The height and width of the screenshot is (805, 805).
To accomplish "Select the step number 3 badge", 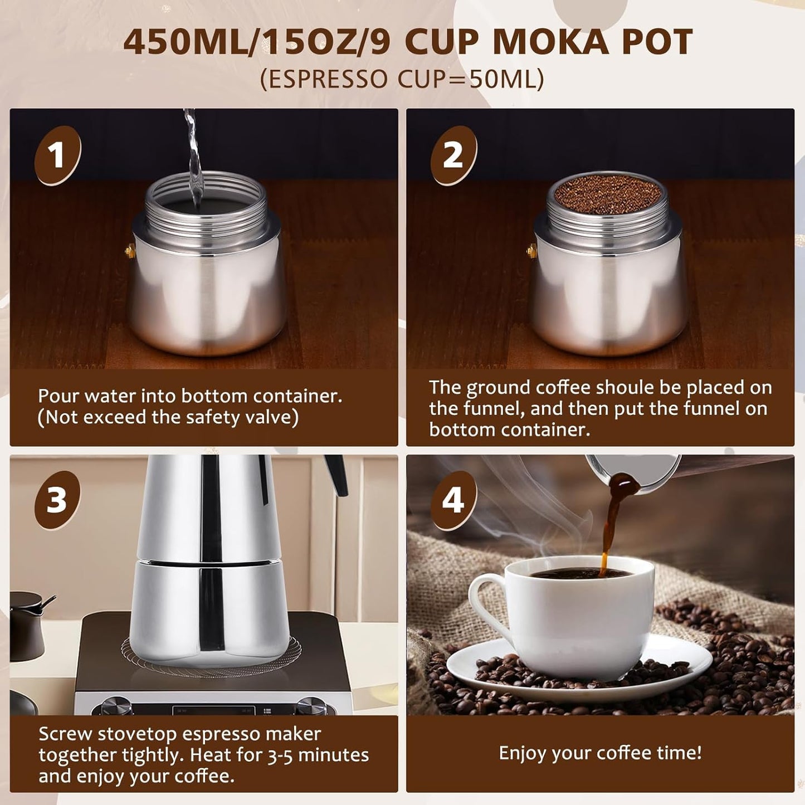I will point(57,500).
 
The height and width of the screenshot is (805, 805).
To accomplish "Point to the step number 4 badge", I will point(453,500).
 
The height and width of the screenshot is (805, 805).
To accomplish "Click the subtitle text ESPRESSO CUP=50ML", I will point(402,79).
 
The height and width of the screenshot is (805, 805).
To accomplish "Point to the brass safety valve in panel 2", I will point(531,251).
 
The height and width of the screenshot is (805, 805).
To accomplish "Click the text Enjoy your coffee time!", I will point(600,753).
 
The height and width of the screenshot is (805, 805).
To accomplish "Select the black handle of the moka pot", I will point(338,474).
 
